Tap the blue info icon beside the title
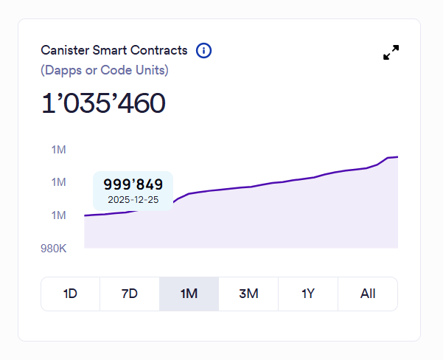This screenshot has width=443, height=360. [204, 51]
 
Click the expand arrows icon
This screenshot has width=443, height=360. [391, 52]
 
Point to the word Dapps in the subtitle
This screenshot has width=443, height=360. [63, 71]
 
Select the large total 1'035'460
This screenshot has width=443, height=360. [103, 104]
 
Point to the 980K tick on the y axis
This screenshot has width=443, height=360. [54, 249]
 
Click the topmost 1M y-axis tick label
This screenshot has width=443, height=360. [59, 150]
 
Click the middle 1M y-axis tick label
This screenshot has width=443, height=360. [59, 182]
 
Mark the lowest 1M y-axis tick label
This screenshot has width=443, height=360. [59, 215]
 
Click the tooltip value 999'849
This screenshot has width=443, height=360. [133, 185]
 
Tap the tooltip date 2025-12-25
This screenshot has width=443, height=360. [133, 200]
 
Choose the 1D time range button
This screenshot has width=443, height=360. [70, 294]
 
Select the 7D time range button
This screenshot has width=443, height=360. [130, 294]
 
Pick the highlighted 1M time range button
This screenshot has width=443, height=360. [189, 294]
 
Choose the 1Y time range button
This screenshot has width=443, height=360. [308, 294]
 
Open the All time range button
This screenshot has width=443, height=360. [368, 294]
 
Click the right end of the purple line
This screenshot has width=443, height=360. [397, 156]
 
